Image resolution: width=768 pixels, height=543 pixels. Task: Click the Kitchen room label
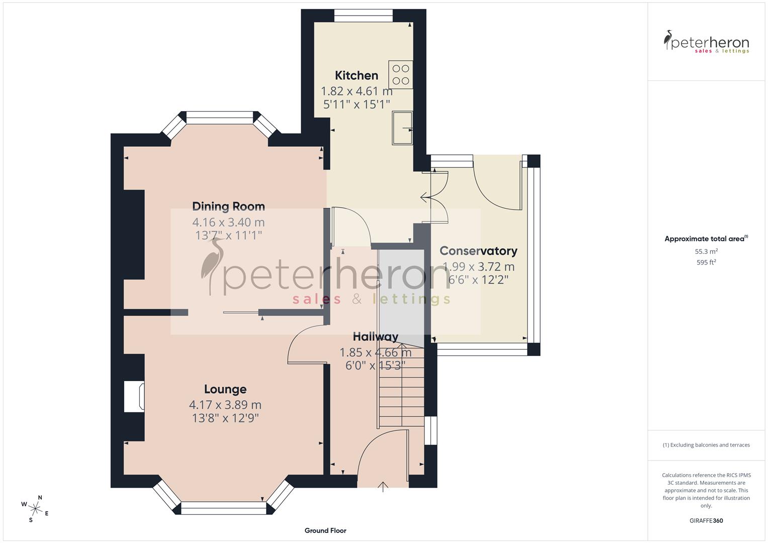click(357, 75)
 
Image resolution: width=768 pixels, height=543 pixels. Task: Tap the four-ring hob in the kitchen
click(400, 74)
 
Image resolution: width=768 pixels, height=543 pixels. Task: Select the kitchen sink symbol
click(402, 128)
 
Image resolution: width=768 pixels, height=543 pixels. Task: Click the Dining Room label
click(228, 206)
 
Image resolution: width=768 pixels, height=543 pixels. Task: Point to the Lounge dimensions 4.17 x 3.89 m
click(225, 405)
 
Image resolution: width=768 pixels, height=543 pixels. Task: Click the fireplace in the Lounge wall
click(135, 397)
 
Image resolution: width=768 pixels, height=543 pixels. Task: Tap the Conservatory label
click(478, 251)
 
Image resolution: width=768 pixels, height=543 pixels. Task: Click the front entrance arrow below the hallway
click(383, 486)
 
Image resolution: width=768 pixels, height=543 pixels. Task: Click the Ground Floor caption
click(325, 530)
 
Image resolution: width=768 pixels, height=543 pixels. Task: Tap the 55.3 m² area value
click(706, 251)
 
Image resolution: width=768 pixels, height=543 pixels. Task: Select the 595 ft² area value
click(706, 262)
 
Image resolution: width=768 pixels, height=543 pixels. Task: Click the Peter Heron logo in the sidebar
click(706, 42)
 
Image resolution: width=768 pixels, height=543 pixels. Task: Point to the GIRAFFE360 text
click(706, 521)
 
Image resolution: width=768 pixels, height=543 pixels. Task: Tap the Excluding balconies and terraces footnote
click(706, 445)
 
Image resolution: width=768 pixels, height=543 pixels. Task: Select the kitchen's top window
click(363, 16)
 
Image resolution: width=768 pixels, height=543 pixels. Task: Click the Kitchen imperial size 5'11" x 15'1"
click(357, 104)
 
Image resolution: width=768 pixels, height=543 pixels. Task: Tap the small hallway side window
click(431, 430)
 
